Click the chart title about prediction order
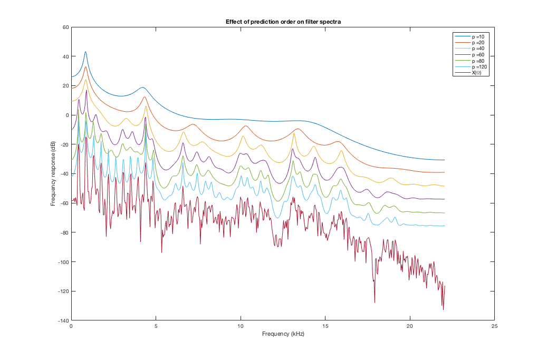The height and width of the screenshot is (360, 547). (283, 21)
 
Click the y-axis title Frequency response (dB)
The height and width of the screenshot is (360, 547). (53, 173)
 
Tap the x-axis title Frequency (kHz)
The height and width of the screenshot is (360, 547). (283, 334)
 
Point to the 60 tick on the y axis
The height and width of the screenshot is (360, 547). (66, 27)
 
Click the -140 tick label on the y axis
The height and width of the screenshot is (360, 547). (63, 320)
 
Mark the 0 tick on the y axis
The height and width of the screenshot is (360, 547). (68, 115)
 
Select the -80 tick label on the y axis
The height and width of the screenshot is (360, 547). (64, 232)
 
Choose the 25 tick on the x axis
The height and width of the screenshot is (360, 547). (494, 326)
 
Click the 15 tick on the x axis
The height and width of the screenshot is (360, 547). (325, 326)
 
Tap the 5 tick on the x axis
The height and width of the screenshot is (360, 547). (156, 326)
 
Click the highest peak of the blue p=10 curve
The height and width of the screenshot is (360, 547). (85, 52)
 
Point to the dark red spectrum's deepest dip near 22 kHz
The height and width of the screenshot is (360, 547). (443, 309)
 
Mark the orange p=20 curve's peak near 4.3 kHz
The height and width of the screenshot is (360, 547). (145, 96)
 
